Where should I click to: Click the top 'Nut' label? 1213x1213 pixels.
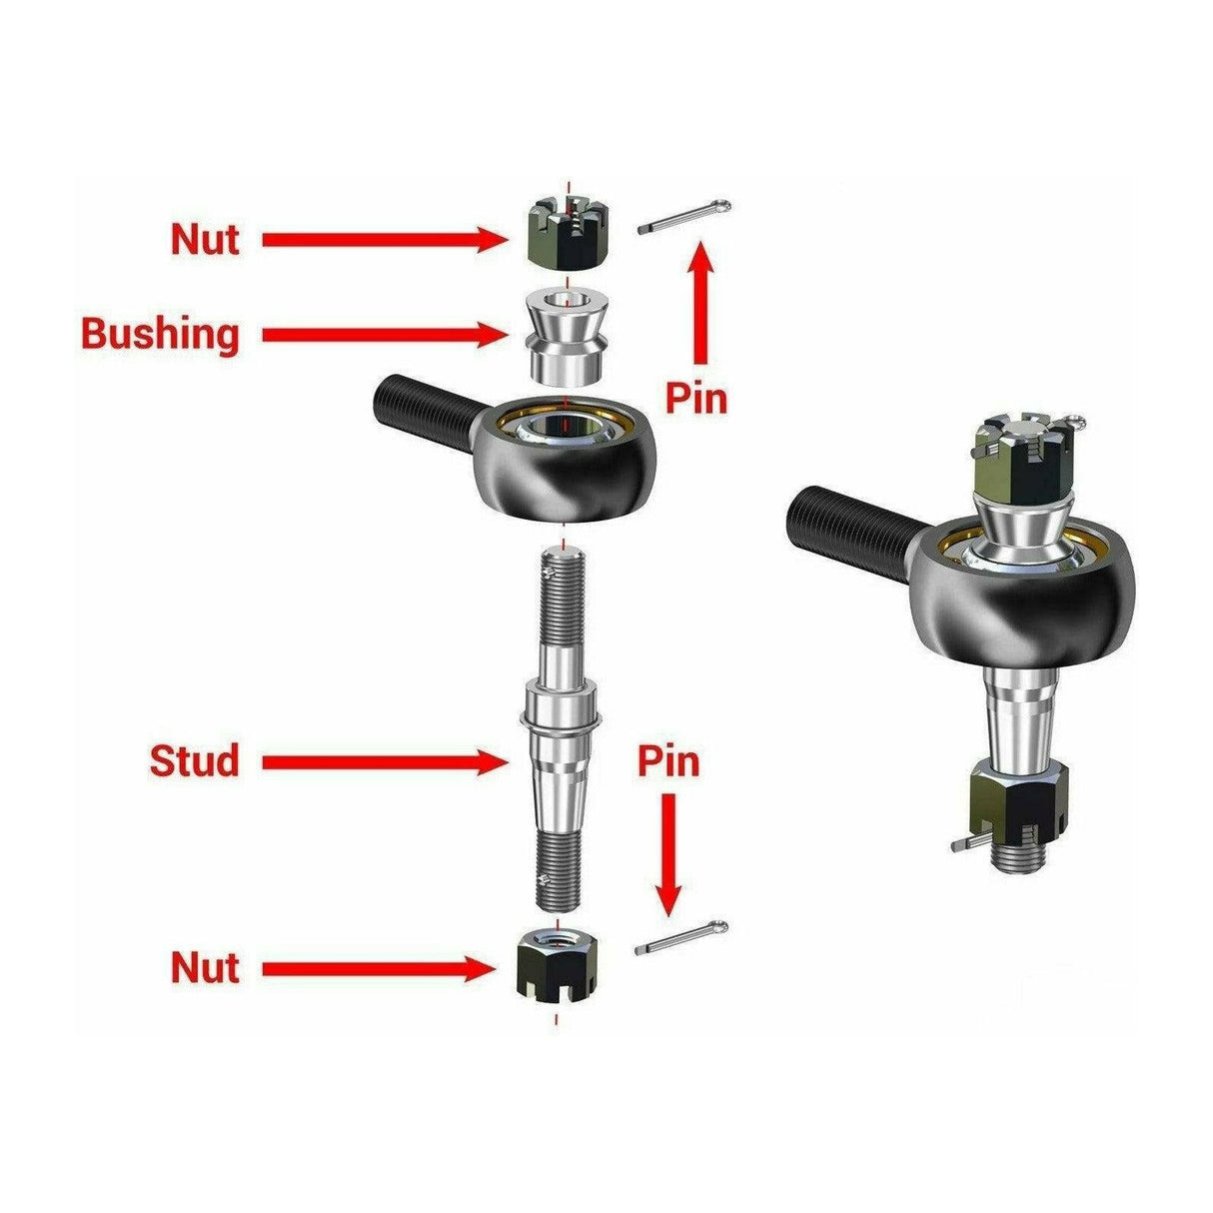tap(205, 240)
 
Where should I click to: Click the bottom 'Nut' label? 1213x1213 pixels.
tap(205, 967)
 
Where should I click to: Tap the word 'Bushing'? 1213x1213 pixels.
tap(160, 334)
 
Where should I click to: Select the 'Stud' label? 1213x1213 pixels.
tap(195, 761)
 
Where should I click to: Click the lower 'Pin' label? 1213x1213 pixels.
tap(668, 762)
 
